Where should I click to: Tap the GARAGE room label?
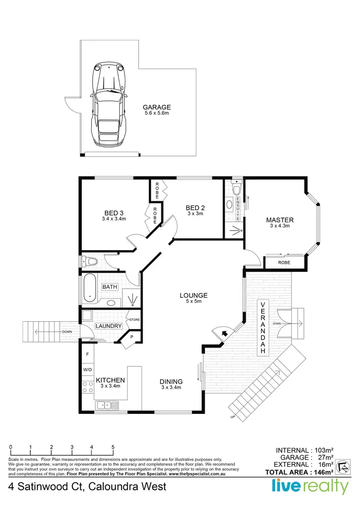(x=157, y=108)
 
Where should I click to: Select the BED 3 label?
(x=114, y=213)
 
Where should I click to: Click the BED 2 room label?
(x=195, y=207)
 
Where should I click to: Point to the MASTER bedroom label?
(x=280, y=220)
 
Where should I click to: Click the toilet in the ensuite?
(x=236, y=189)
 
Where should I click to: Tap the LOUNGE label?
(x=193, y=295)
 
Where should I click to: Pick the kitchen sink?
(x=107, y=406)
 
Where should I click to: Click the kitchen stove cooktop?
(x=88, y=387)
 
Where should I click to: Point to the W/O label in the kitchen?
(x=87, y=370)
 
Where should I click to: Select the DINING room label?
(x=171, y=382)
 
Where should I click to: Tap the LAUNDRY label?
(x=108, y=327)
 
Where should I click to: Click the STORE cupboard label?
(x=133, y=319)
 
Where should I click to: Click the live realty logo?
(x=310, y=486)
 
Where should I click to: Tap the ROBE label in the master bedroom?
(x=284, y=263)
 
